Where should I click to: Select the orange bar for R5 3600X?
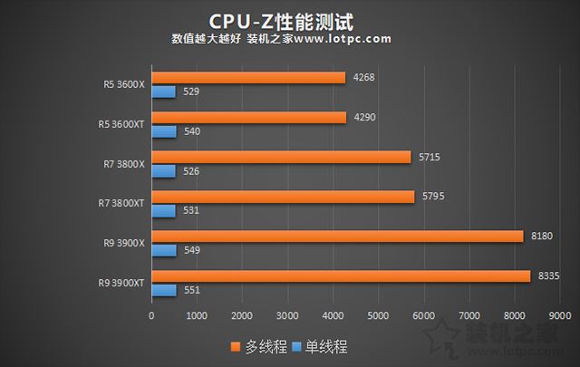[x=248, y=78]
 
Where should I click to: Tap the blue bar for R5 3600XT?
[x=164, y=131]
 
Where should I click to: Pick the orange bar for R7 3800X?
[x=281, y=157]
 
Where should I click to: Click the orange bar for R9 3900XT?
[x=341, y=276]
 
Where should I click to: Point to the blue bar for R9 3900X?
[x=164, y=250]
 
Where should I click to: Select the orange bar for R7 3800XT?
[x=283, y=197]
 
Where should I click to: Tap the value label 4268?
[x=363, y=78]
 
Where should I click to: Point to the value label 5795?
[x=432, y=197]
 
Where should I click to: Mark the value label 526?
[x=191, y=171]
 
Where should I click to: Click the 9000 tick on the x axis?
[x=559, y=315]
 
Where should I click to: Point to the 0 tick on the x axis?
[x=152, y=315]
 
